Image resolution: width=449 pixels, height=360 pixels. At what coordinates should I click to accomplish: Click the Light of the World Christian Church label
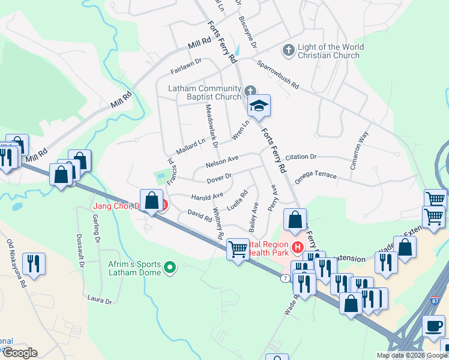(x=330, y=51)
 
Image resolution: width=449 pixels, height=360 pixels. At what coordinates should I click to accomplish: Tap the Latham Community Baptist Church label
(x=204, y=92)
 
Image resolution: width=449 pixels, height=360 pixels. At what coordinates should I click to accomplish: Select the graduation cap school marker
(x=259, y=106)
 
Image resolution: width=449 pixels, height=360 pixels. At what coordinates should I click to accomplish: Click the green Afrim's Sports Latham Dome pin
(x=170, y=268)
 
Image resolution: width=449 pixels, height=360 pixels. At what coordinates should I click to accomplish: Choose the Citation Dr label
(x=301, y=157)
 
